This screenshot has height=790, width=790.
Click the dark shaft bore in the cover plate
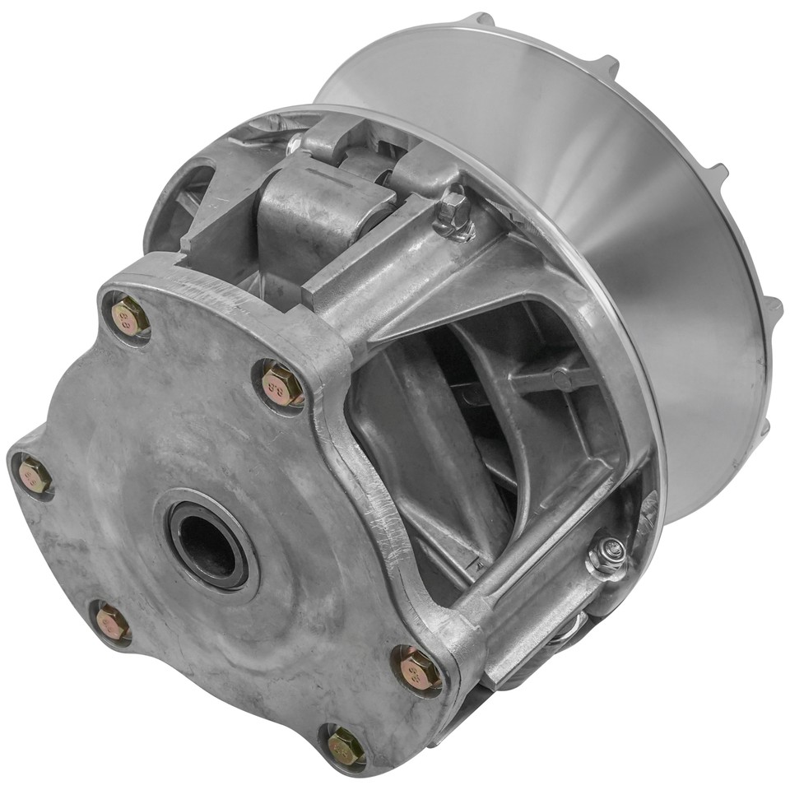click(205, 545)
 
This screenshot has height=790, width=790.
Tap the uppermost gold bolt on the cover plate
click(129, 316)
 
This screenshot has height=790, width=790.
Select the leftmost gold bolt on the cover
click(34, 476)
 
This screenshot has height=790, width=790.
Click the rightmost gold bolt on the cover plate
click(419, 668)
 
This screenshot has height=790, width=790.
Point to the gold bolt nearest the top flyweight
click(281, 383)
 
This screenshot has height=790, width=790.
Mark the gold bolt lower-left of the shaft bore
click(111, 623)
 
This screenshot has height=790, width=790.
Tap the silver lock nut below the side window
click(606, 556)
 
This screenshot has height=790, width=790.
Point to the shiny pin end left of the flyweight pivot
click(293, 145)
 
